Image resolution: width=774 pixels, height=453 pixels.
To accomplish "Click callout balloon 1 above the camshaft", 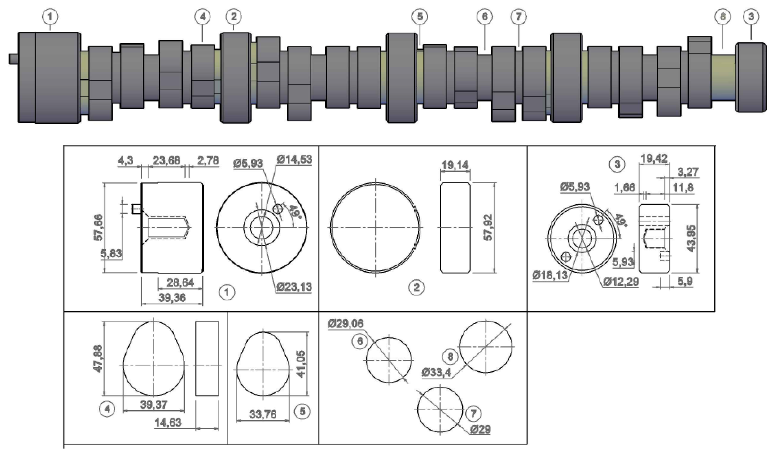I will [50, 17].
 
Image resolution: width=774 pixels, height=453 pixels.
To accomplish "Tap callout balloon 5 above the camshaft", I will [420, 17].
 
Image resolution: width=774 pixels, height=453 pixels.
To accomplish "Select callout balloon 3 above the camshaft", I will [751, 17].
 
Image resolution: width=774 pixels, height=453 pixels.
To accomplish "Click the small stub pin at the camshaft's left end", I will [13, 59].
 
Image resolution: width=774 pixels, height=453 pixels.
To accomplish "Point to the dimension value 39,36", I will [172, 298].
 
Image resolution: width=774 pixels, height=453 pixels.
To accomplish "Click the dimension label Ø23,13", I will [294, 287].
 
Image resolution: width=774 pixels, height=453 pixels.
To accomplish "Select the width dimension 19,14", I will [455, 165].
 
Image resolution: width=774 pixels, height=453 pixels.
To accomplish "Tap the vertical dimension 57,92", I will [488, 227].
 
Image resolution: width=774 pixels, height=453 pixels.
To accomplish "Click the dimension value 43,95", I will [691, 239].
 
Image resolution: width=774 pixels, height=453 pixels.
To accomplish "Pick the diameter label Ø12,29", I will [621, 282].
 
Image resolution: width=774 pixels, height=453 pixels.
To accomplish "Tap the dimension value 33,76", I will [263, 415].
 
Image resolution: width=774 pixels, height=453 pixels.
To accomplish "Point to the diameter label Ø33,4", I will [436, 373].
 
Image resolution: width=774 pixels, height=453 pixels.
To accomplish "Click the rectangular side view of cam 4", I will [207, 358].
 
